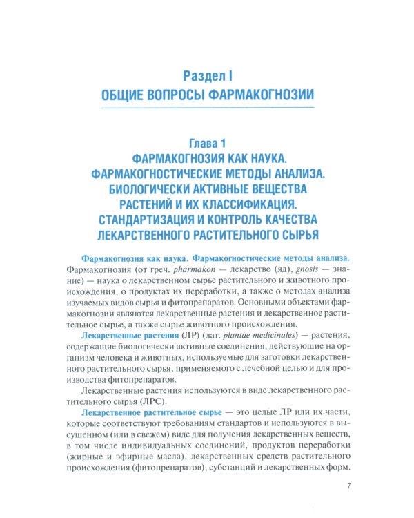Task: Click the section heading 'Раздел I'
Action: [x=207, y=73]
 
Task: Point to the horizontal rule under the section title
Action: [x=207, y=108]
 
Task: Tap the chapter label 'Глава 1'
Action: [x=207, y=145]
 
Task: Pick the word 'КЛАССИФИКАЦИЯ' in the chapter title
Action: [x=270, y=204]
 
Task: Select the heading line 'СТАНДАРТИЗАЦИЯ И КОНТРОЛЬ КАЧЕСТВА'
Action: [x=207, y=220]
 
